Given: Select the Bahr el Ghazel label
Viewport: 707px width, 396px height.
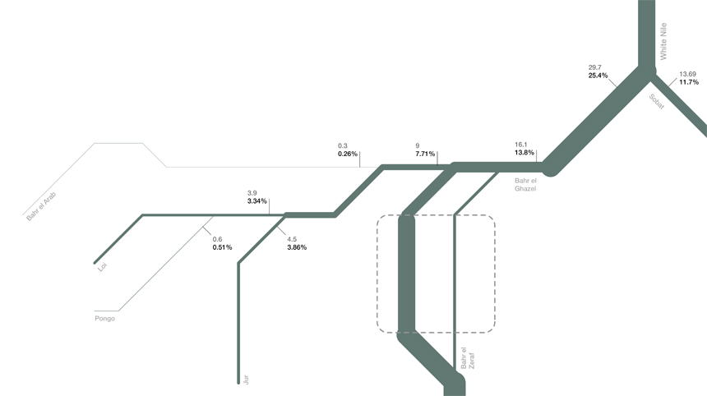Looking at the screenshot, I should (x=525, y=184).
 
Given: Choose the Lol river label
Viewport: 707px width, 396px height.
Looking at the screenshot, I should (x=103, y=266).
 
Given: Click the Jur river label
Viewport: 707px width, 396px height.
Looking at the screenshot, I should (x=245, y=379).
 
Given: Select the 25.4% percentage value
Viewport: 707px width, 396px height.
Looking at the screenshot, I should (x=598, y=76).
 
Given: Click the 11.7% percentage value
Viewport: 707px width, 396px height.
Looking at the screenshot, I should (x=689, y=82).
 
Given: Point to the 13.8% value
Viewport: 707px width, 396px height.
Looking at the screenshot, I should (x=524, y=153).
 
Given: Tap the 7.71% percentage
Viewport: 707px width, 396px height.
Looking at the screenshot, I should (x=425, y=154).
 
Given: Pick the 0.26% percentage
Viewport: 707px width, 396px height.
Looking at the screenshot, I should (x=348, y=154).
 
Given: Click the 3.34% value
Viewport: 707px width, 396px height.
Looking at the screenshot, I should (x=257, y=200).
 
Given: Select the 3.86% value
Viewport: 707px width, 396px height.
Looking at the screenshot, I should (x=297, y=247).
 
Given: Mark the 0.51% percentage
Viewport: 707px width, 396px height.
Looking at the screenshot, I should (x=222, y=247).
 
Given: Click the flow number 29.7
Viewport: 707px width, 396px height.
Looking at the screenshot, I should (x=595, y=67).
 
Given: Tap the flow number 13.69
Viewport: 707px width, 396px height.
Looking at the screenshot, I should (x=687, y=74).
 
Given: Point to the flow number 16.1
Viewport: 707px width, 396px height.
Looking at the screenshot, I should (x=520, y=144).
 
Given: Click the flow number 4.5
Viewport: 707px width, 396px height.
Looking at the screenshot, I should (x=292, y=239).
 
